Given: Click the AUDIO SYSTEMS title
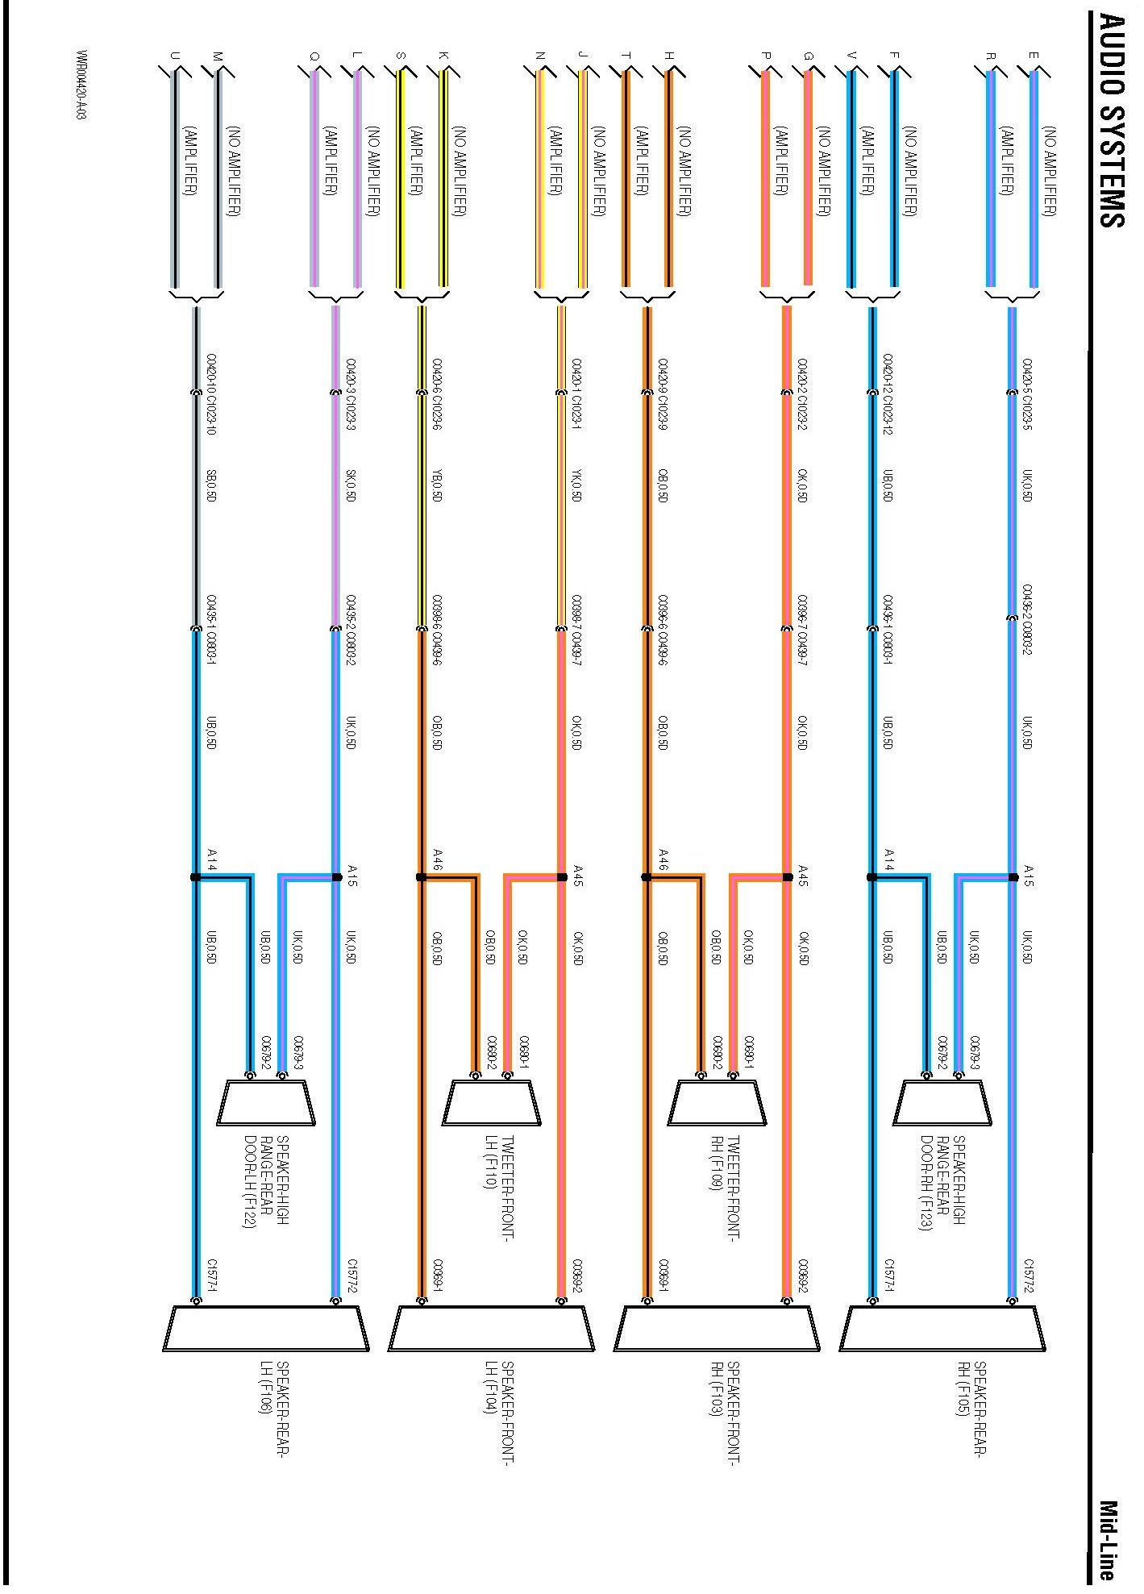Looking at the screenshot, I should (x=1112, y=121).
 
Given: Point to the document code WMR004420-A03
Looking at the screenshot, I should (x=82, y=85).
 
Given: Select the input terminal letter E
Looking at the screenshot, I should (x=1034, y=56).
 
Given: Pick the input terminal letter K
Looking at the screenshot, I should (x=443, y=56).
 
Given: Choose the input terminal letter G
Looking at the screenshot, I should (x=809, y=56).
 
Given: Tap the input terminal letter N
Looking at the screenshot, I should (x=540, y=56).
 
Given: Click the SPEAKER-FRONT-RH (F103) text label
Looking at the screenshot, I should (x=724, y=1411).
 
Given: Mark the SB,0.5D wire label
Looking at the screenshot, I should (x=211, y=485).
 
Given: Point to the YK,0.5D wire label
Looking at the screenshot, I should (x=576, y=485).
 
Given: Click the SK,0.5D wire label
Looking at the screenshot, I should (x=350, y=485).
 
